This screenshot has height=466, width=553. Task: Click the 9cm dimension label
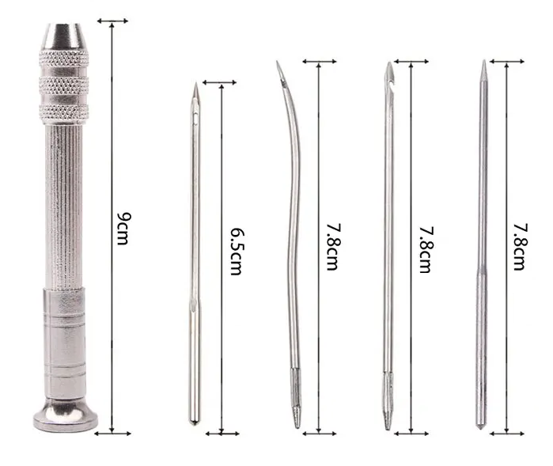[123, 229]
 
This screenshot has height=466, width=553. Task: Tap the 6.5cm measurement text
[237, 252]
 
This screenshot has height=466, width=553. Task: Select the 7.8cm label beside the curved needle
[333, 247]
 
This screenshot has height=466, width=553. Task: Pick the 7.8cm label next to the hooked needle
[426, 249]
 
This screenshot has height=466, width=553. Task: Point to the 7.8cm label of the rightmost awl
[521, 247]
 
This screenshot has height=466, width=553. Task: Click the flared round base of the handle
[66, 415]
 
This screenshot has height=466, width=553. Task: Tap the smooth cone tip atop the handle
[64, 36]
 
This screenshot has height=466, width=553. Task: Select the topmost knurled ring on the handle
[64, 59]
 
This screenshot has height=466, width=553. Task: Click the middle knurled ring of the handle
[64, 85]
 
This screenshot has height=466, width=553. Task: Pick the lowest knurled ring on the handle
[64, 114]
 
